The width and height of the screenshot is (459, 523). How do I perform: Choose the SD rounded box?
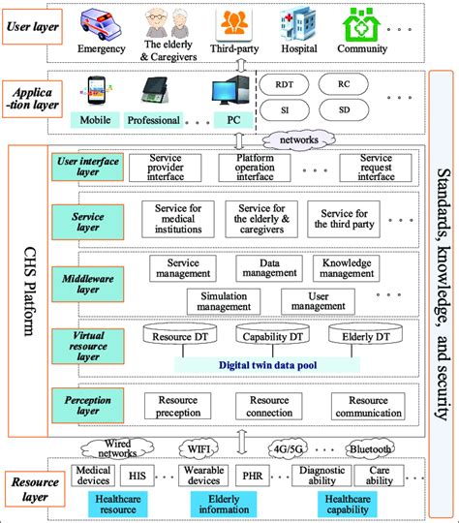coord(343,113)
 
